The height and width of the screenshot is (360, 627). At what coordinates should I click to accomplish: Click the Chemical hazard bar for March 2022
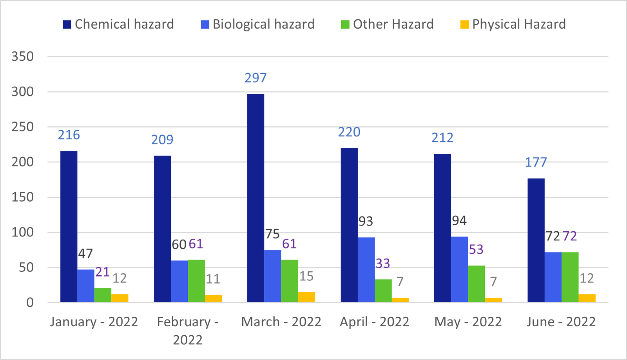(x=256, y=198)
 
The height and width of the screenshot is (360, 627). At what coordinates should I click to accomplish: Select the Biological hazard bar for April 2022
(x=366, y=270)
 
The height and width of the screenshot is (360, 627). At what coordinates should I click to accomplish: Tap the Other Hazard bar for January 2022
(x=103, y=295)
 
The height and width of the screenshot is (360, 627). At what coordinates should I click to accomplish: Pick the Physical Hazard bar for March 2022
(x=306, y=297)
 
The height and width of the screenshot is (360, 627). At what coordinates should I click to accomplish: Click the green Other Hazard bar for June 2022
(x=570, y=277)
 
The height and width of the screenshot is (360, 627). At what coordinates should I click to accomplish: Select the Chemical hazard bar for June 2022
(x=536, y=240)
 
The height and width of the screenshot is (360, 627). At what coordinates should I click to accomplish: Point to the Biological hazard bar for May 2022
(x=459, y=269)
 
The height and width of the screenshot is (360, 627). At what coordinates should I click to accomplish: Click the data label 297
(x=256, y=78)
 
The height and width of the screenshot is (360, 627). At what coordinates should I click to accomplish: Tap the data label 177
(x=536, y=162)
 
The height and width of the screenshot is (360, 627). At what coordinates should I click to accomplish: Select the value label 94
(x=459, y=221)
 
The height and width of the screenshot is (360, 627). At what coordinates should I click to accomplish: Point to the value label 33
(x=383, y=264)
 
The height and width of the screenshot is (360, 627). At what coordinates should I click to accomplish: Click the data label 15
(x=306, y=276)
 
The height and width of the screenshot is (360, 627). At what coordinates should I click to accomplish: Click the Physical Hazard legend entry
(x=513, y=24)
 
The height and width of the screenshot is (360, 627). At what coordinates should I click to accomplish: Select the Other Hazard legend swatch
(x=345, y=25)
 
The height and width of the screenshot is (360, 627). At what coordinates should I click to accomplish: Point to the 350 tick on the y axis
(x=23, y=56)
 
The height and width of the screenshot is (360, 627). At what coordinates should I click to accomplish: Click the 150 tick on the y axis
(x=23, y=197)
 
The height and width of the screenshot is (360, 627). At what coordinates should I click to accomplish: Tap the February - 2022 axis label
(x=188, y=331)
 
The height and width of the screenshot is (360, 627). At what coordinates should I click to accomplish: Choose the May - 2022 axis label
(x=468, y=322)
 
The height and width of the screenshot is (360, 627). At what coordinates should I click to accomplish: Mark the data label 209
(x=162, y=140)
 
